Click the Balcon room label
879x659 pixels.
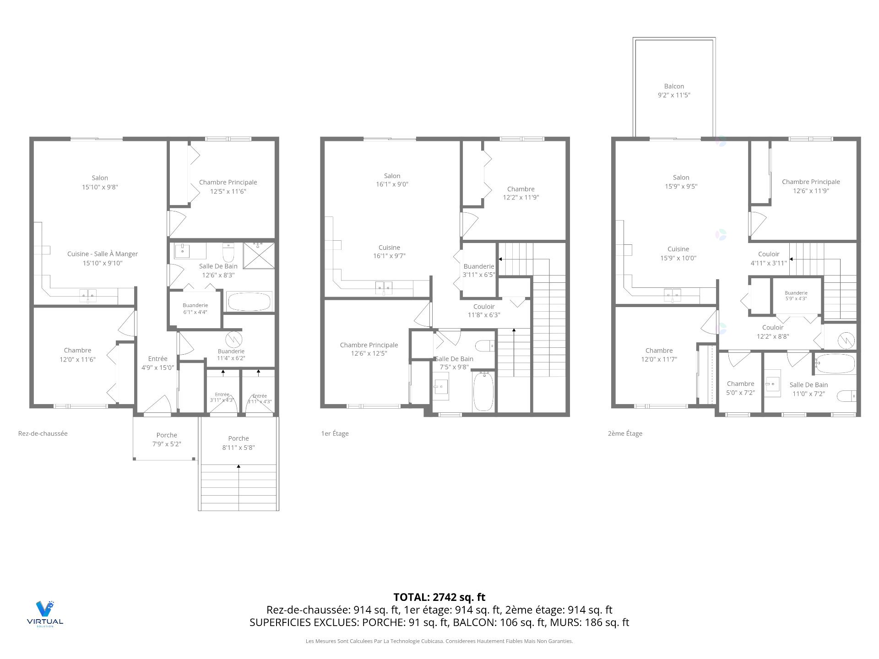coord(674,91)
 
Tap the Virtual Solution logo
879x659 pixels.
coord(45,613)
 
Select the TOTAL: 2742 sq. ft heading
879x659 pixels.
coord(439,597)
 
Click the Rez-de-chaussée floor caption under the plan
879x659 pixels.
coord(43,433)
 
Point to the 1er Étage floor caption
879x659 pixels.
coord(335,433)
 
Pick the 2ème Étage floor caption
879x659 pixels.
coord(625,433)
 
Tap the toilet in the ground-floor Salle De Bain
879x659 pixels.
coord(228,252)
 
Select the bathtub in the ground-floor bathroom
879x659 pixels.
coord(249,302)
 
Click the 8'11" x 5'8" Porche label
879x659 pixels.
coord(239,443)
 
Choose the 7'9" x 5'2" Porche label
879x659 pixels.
coord(167,439)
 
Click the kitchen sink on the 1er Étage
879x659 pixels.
coord(384,288)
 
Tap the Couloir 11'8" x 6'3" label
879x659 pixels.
coord(484,311)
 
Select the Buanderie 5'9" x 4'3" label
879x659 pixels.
coord(796,296)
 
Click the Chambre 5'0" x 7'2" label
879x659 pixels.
coord(740,388)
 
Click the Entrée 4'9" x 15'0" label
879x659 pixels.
coord(157,363)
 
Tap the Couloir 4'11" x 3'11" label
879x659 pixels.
coord(769,258)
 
